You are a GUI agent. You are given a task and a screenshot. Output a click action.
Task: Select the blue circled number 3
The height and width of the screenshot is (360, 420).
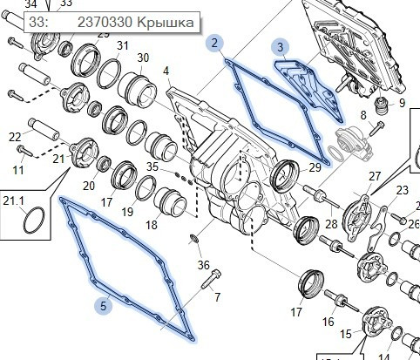279,47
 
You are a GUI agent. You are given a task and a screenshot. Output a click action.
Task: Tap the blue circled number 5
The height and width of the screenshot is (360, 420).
104,305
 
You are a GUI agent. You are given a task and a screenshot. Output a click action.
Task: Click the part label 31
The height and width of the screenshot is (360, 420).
122,45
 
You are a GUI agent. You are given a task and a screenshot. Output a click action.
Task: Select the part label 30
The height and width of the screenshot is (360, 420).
142,58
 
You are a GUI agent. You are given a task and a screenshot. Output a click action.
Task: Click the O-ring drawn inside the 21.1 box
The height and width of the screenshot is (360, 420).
31,221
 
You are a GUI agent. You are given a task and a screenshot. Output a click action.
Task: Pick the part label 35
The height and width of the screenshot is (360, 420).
152,166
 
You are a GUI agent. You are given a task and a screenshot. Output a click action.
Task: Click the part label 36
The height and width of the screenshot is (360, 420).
204,265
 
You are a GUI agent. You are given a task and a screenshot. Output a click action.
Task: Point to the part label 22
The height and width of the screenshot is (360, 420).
15,136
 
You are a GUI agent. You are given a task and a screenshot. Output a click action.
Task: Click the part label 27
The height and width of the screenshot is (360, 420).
375,176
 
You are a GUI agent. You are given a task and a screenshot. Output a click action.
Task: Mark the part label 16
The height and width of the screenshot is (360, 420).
328,322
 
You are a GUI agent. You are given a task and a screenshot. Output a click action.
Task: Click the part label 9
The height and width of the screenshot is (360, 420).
402,103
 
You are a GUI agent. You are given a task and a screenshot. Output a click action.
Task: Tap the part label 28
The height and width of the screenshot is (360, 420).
330,224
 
